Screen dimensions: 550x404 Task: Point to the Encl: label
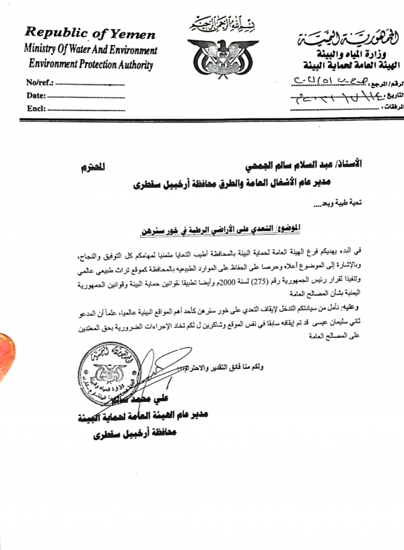click(x=36, y=108)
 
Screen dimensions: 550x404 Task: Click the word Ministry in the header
click(x=45, y=49)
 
